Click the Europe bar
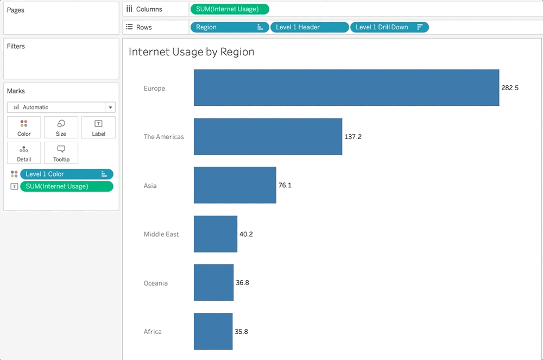pyautogui.click(x=346, y=87)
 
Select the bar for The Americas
pyautogui.click(x=268, y=136)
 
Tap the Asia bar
pyautogui.click(x=235, y=185)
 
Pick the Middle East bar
pyautogui.click(x=215, y=234)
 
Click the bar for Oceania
pyautogui.click(x=213, y=282)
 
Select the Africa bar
pyautogui.click(x=213, y=331)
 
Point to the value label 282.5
pyautogui.click(x=510, y=88)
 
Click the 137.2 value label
pyautogui.click(x=353, y=137)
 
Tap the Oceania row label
pyautogui.click(x=155, y=283)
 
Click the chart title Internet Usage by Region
pyautogui.click(x=191, y=52)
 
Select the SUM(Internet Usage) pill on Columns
pyautogui.click(x=229, y=9)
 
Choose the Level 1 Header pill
pyautogui.click(x=309, y=27)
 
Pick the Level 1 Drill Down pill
pyautogui.click(x=389, y=27)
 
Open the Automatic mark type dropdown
pyautogui.click(x=61, y=108)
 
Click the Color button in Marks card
pyautogui.click(x=24, y=128)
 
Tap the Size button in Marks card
pyautogui.click(x=61, y=128)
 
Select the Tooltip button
pyautogui.click(x=61, y=153)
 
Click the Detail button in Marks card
pyautogui.click(x=24, y=153)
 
